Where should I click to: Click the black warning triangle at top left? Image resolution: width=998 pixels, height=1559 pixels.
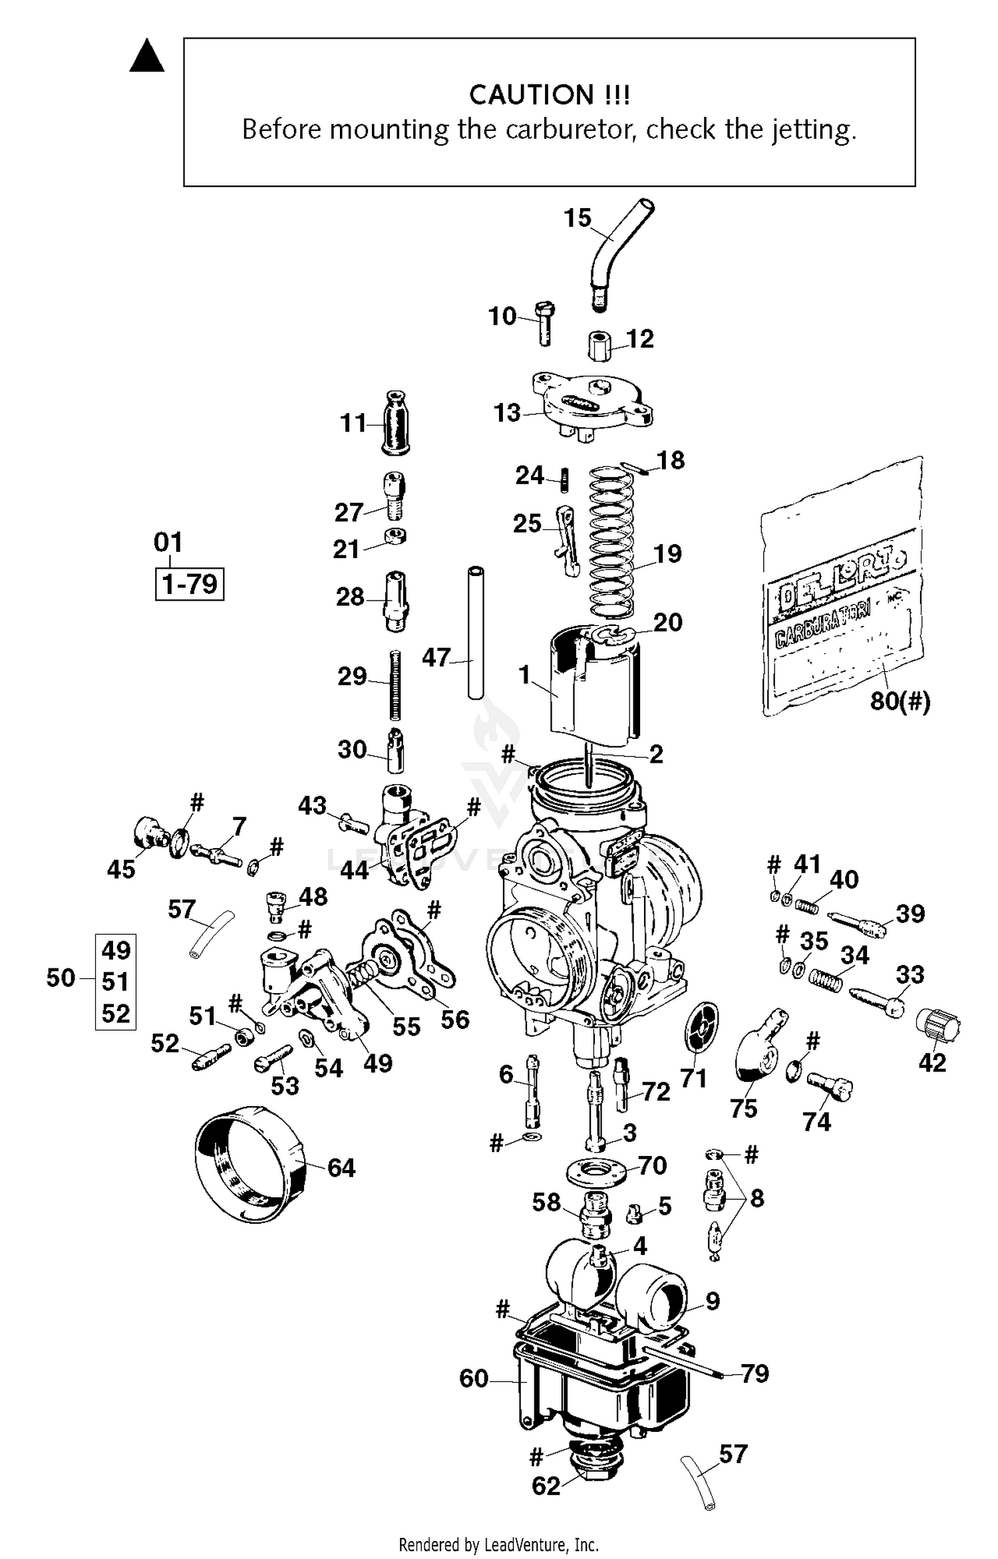[x=146, y=57]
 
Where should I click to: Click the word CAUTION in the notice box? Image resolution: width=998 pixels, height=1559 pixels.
[x=530, y=95]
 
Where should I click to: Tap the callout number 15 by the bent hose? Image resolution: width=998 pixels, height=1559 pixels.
[x=577, y=218]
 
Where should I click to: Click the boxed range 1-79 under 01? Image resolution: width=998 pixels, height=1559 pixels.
[x=190, y=584]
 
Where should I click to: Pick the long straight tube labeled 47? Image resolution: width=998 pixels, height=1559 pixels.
[x=475, y=632]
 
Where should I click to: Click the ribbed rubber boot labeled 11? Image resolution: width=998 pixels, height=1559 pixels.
[x=395, y=423]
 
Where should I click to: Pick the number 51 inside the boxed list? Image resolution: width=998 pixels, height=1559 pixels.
[x=116, y=982]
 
